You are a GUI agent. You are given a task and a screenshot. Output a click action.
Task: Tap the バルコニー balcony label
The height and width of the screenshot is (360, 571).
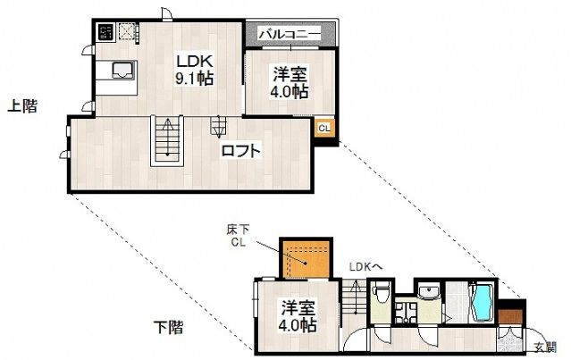coord(290,34)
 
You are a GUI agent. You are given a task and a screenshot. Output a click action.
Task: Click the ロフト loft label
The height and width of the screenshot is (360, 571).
coord(242,151)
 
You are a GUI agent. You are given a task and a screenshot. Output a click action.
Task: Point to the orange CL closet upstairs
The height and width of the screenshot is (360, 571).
coord(324,128)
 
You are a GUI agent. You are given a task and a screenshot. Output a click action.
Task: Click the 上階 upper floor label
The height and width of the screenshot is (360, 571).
coord(22,106)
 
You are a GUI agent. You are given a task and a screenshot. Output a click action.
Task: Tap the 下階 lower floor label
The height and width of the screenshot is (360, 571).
coord(167,328)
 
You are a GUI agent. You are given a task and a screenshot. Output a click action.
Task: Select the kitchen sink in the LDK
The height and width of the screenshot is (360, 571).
coord(121,71)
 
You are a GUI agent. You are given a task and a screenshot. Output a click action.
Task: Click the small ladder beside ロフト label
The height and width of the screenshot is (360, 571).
coord(218,126)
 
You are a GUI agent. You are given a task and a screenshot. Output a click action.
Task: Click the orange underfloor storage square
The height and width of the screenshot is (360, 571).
coord(306,260)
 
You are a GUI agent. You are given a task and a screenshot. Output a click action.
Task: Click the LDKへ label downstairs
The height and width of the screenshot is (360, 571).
coord(365,265)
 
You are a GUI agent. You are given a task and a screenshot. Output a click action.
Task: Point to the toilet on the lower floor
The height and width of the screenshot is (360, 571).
coord(381,291)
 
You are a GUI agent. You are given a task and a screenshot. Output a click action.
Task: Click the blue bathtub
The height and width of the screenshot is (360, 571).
coord(482,303)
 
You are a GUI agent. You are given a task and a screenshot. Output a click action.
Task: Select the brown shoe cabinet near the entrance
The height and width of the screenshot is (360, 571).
coord(509,315)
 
